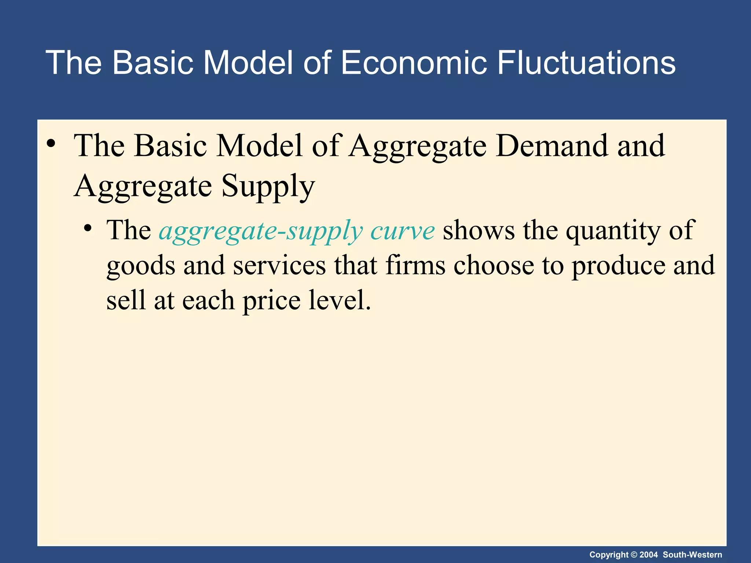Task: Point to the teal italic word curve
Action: pyautogui.click(x=402, y=231)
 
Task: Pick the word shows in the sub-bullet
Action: pyautogui.click(x=478, y=231)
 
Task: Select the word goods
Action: pyautogui.click(x=141, y=266)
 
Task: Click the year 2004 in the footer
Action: pyautogui.click(x=649, y=555)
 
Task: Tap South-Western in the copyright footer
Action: pyautogui.click(x=692, y=555)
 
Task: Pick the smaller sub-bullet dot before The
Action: pyautogui.click(x=87, y=229)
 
